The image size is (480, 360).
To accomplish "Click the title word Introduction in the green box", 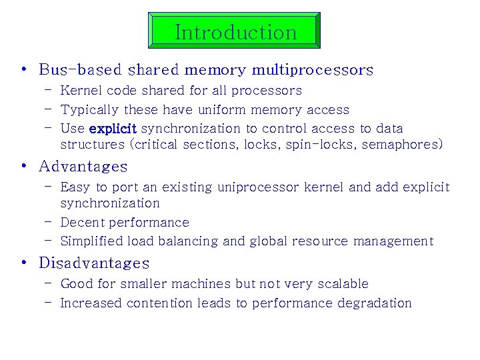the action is pyautogui.click(x=235, y=31).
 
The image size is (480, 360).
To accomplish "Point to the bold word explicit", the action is pyautogui.click(x=112, y=128).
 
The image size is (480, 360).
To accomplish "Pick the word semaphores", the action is pyautogui.click(x=402, y=144).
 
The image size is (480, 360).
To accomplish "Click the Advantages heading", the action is pyautogui.click(x=83, y=166).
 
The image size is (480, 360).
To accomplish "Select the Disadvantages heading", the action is pyautogui.click(x=94, y=263).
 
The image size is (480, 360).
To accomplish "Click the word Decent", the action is pyautogui.click(x=82, y=222).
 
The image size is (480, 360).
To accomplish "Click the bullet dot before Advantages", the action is pyautogui.click(x=23, y=166).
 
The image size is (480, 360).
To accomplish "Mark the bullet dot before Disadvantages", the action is pyautogui.click(x=23, y=263).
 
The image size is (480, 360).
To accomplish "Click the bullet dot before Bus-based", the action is pyautogui.click(x=23, y=70).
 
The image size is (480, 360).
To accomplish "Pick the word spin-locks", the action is pyautogui.click(x=320, y=144).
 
